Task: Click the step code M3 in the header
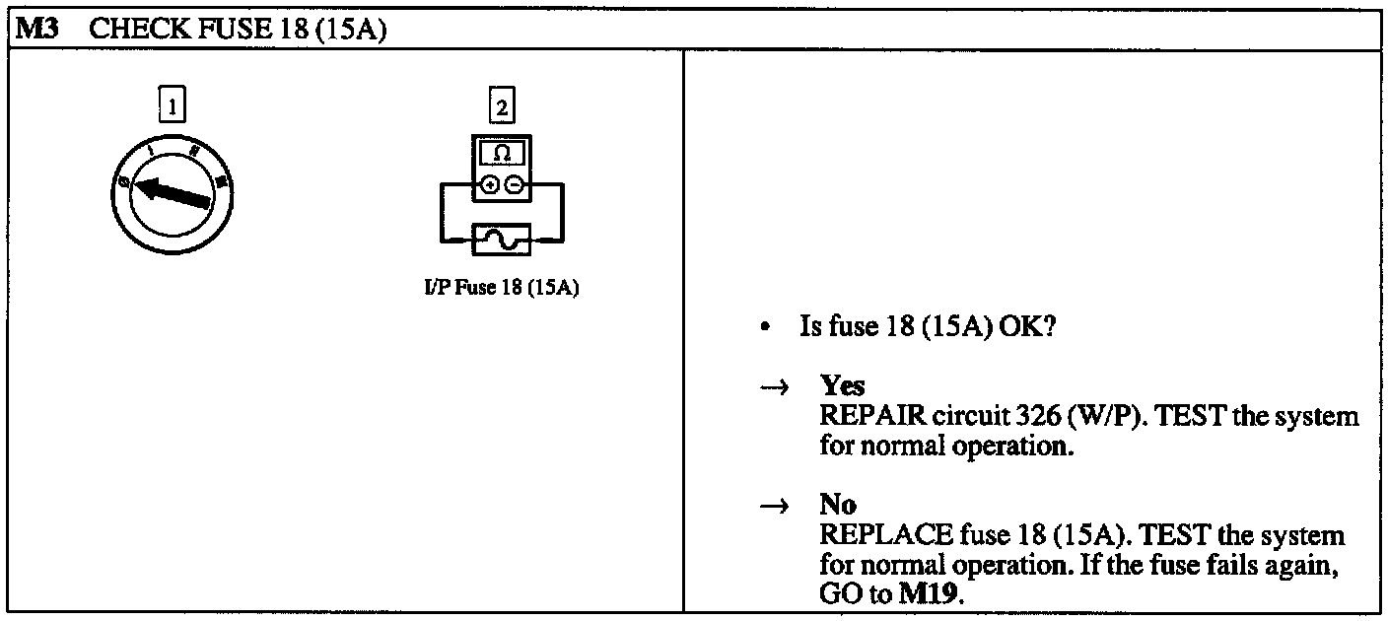(36, 31)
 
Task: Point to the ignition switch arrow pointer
(173, 191)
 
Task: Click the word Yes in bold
(842, 387)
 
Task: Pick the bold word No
(838, 507)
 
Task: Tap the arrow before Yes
(775, 388)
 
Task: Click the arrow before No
(775, 508)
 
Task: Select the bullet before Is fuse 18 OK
(765, 328)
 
